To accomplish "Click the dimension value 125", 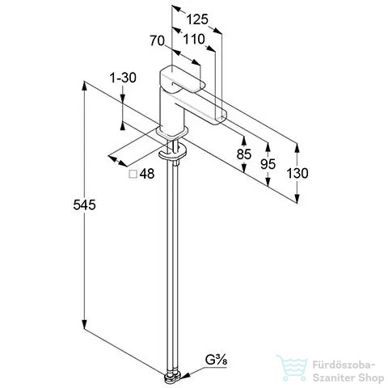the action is click(x=197, y=19).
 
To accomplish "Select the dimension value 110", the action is click(x=194, y=40).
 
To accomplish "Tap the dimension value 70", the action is click(x=157, y=41).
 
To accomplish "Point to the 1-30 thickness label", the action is click(x=123, y=78).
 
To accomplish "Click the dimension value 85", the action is click(x=244, y=154).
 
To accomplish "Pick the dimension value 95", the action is click(x=268, y=164).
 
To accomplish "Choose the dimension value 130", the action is click(x=297, y=173).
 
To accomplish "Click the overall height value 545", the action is click(x=84, y=205).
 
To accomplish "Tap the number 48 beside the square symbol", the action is click(x=147, y=174).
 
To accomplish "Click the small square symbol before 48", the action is click(x=133, y=174).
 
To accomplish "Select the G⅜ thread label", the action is click(x=216, y=360).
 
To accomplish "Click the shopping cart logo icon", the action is click(x=292, y=368).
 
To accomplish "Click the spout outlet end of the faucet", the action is click(x=221, y=119).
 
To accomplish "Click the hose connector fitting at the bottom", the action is click(x=173, y=377).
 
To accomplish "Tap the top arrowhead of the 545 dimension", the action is click(x=85, y=86).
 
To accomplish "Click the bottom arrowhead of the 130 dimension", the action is click(x=297, y=199).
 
